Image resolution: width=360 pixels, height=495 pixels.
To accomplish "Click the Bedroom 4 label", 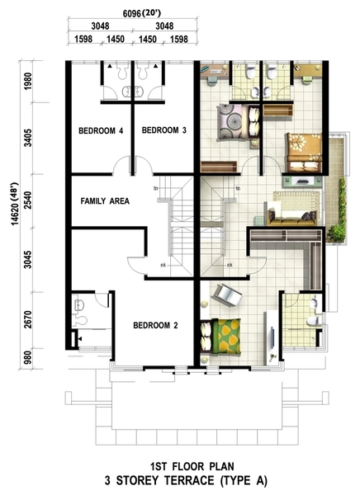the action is [101, 130].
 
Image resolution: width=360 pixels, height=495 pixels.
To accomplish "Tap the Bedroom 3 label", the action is [164, 130].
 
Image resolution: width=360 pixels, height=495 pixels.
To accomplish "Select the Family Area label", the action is [105, 201].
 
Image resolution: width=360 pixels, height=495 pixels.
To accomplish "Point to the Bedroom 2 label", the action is [155, 325].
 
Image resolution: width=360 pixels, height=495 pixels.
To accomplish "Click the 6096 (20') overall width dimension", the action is [142, 13].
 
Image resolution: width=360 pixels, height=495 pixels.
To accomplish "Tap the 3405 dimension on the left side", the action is [28, 138].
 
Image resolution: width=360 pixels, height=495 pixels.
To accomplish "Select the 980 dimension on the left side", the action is [28, 358].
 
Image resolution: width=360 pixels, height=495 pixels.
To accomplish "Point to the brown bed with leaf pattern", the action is [304, 153].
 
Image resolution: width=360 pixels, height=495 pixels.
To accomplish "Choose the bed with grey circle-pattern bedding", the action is [239, 122].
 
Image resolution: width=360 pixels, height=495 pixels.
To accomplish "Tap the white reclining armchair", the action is [226, 295].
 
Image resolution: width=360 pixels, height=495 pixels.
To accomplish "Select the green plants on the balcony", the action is [337, 210].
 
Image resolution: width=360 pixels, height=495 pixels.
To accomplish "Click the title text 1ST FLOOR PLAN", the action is [192, 466].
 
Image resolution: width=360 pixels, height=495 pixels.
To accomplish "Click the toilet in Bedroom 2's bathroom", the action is [79, 320].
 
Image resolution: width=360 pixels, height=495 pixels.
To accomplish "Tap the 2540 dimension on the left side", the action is [28, 200].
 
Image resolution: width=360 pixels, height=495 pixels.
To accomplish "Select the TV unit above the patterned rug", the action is [302, 181].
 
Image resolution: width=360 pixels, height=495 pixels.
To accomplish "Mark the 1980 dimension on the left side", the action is [28, 82].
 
